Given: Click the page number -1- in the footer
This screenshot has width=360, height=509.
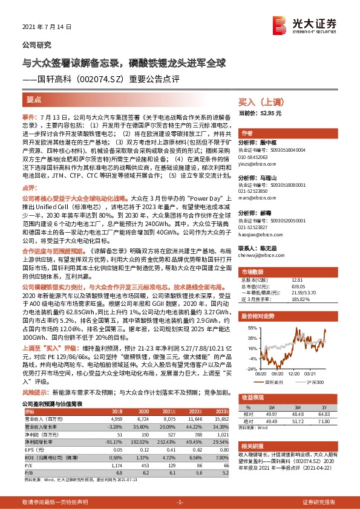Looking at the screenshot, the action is tap(179, 501).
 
